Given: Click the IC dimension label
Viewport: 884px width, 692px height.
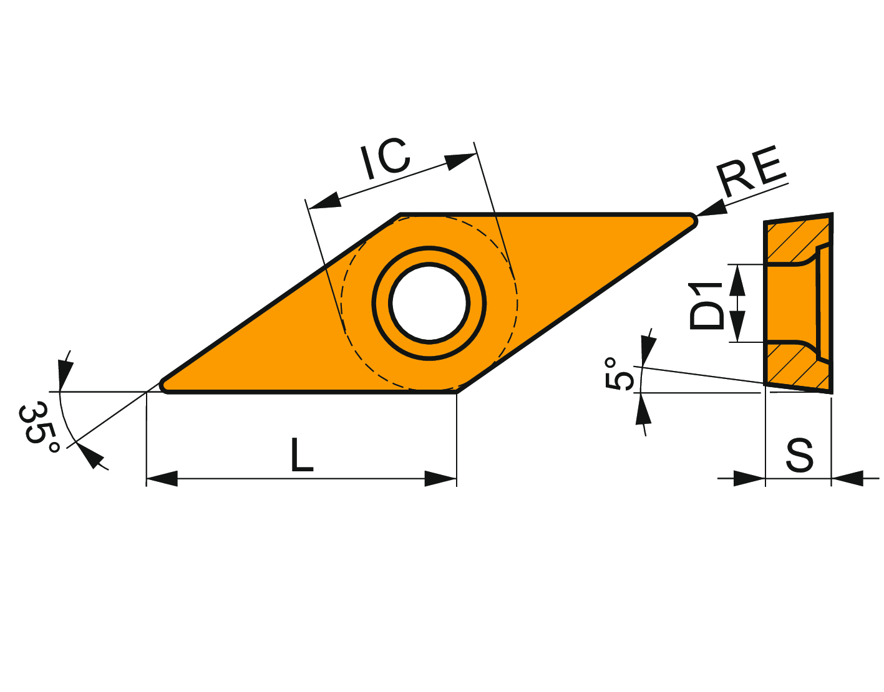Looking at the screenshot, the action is click(x=385, y=158).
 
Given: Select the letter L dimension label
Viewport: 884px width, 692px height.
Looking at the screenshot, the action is click(x=302, y=454).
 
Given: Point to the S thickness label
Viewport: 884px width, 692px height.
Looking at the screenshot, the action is click(x=799, y=455).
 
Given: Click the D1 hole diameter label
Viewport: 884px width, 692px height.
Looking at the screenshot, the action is click(x=707, y=305).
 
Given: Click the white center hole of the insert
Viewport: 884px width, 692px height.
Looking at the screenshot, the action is click(x=429, y=303).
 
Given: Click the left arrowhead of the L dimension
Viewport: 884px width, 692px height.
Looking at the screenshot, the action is click(x=162, y=478).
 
